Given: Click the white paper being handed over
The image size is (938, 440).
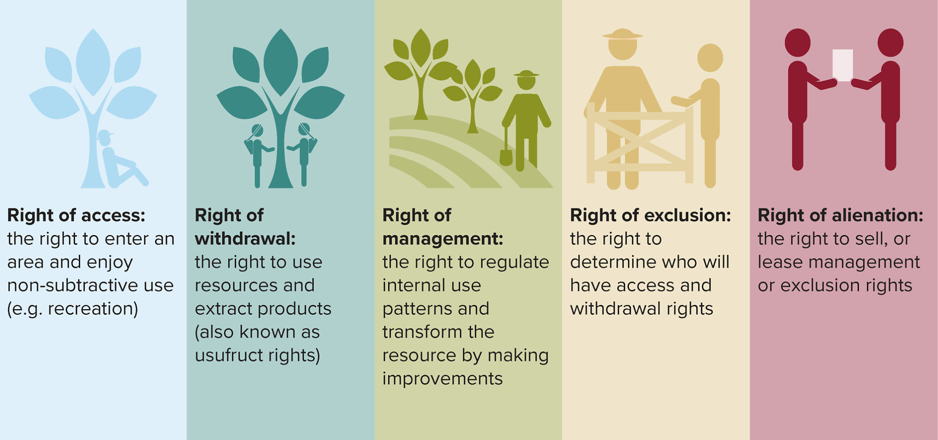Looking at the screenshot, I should click(x=842, y=65).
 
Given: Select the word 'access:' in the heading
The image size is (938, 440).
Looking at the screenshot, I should click(x=113, y=215).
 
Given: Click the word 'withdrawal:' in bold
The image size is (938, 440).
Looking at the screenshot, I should click(x=245, y=239).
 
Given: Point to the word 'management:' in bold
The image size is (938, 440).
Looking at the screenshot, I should click(x=442, y=239).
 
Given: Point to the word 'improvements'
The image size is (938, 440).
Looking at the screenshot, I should click(x=442, y=379).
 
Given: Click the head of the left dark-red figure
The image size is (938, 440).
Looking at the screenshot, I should click(x=797, y=42).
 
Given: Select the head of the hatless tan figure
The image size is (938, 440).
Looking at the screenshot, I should click(x=710, y=58).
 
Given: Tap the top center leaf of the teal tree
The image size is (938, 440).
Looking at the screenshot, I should click(x=280, y=61).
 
